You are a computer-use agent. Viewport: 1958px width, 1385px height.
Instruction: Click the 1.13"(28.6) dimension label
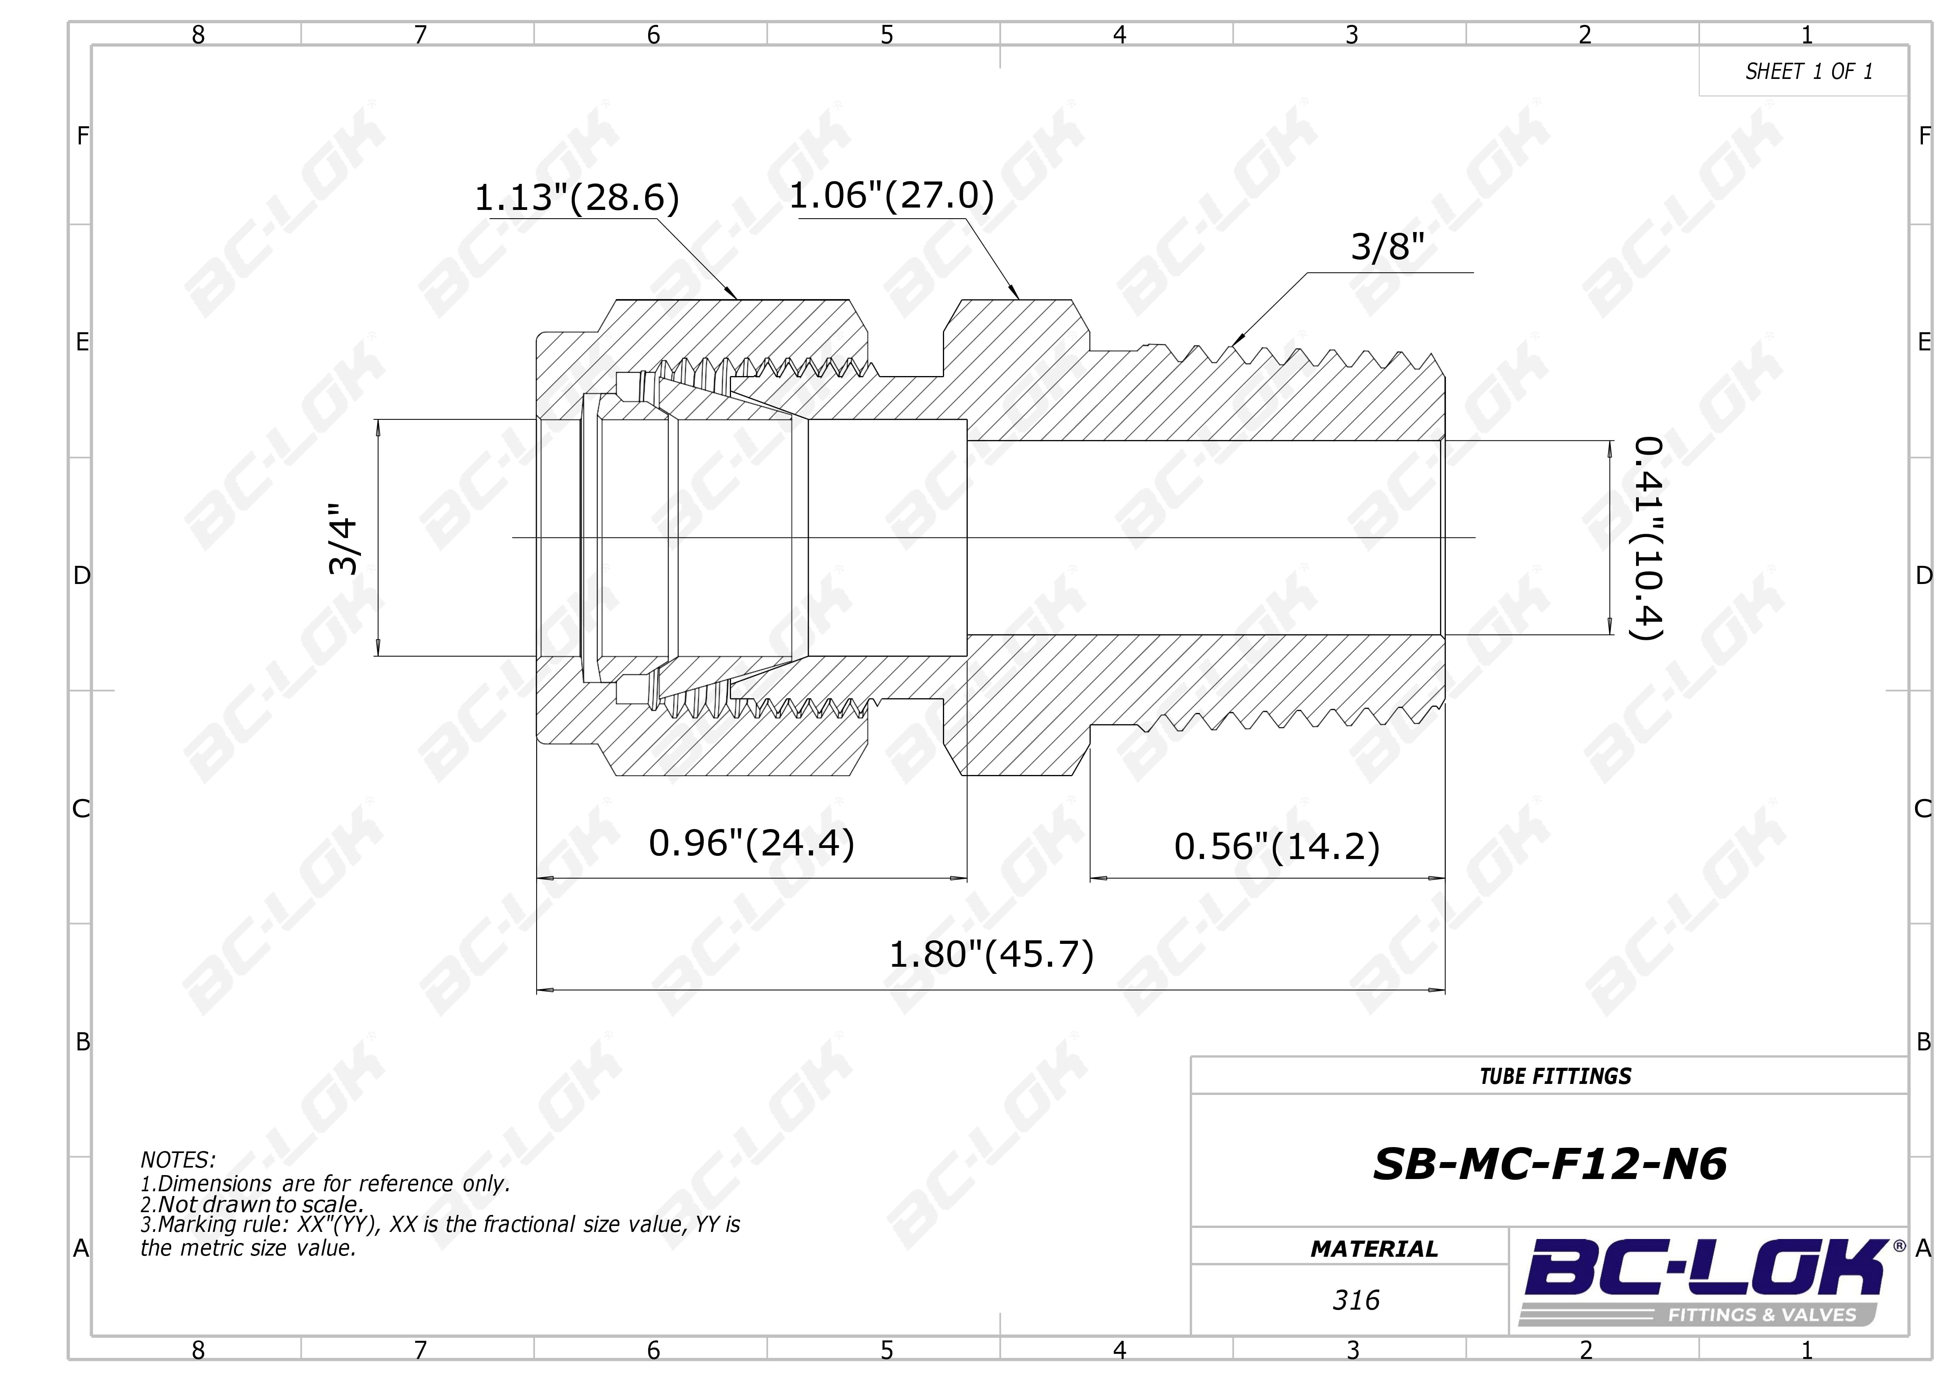click(576, 198)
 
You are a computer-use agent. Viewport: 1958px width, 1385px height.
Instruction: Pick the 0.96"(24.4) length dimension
click(751, 844)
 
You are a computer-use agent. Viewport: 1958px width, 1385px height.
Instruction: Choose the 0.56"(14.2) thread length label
click(1277, 847)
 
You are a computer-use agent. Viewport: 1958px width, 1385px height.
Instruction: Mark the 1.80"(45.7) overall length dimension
click(991, 955)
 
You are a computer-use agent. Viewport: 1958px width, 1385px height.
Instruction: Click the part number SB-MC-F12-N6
click(1550, 1164)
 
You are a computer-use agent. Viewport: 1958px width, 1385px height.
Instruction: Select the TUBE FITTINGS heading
click(1556, 1076)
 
